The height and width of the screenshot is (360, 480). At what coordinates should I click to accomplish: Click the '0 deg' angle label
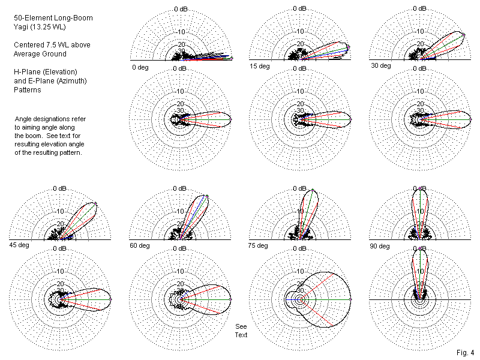click(x=140, y=67)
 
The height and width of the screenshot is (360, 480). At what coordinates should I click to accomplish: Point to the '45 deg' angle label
click(x=18, y=245)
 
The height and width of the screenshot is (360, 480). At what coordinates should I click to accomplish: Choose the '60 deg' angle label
click(x=139, y=246)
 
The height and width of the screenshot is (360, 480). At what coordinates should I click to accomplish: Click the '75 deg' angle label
click(x=258, y=245)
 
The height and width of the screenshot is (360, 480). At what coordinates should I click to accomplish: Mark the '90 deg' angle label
click(x=379, y=245)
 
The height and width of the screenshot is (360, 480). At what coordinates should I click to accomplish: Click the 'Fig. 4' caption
click(x=464, y=352)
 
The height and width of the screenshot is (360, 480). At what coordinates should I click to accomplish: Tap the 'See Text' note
click(x=241, y=331)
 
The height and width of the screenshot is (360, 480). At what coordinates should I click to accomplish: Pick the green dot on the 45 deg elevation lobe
click(x=95, y=203)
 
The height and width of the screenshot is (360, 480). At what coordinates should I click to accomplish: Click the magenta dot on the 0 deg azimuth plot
click(x=231, y=120)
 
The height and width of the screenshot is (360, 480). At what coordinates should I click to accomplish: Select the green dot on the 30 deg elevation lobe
click(x=464, y=35)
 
